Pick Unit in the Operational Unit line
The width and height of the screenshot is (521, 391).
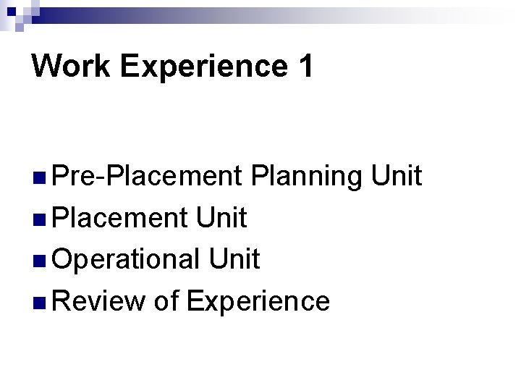click(232, 258)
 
